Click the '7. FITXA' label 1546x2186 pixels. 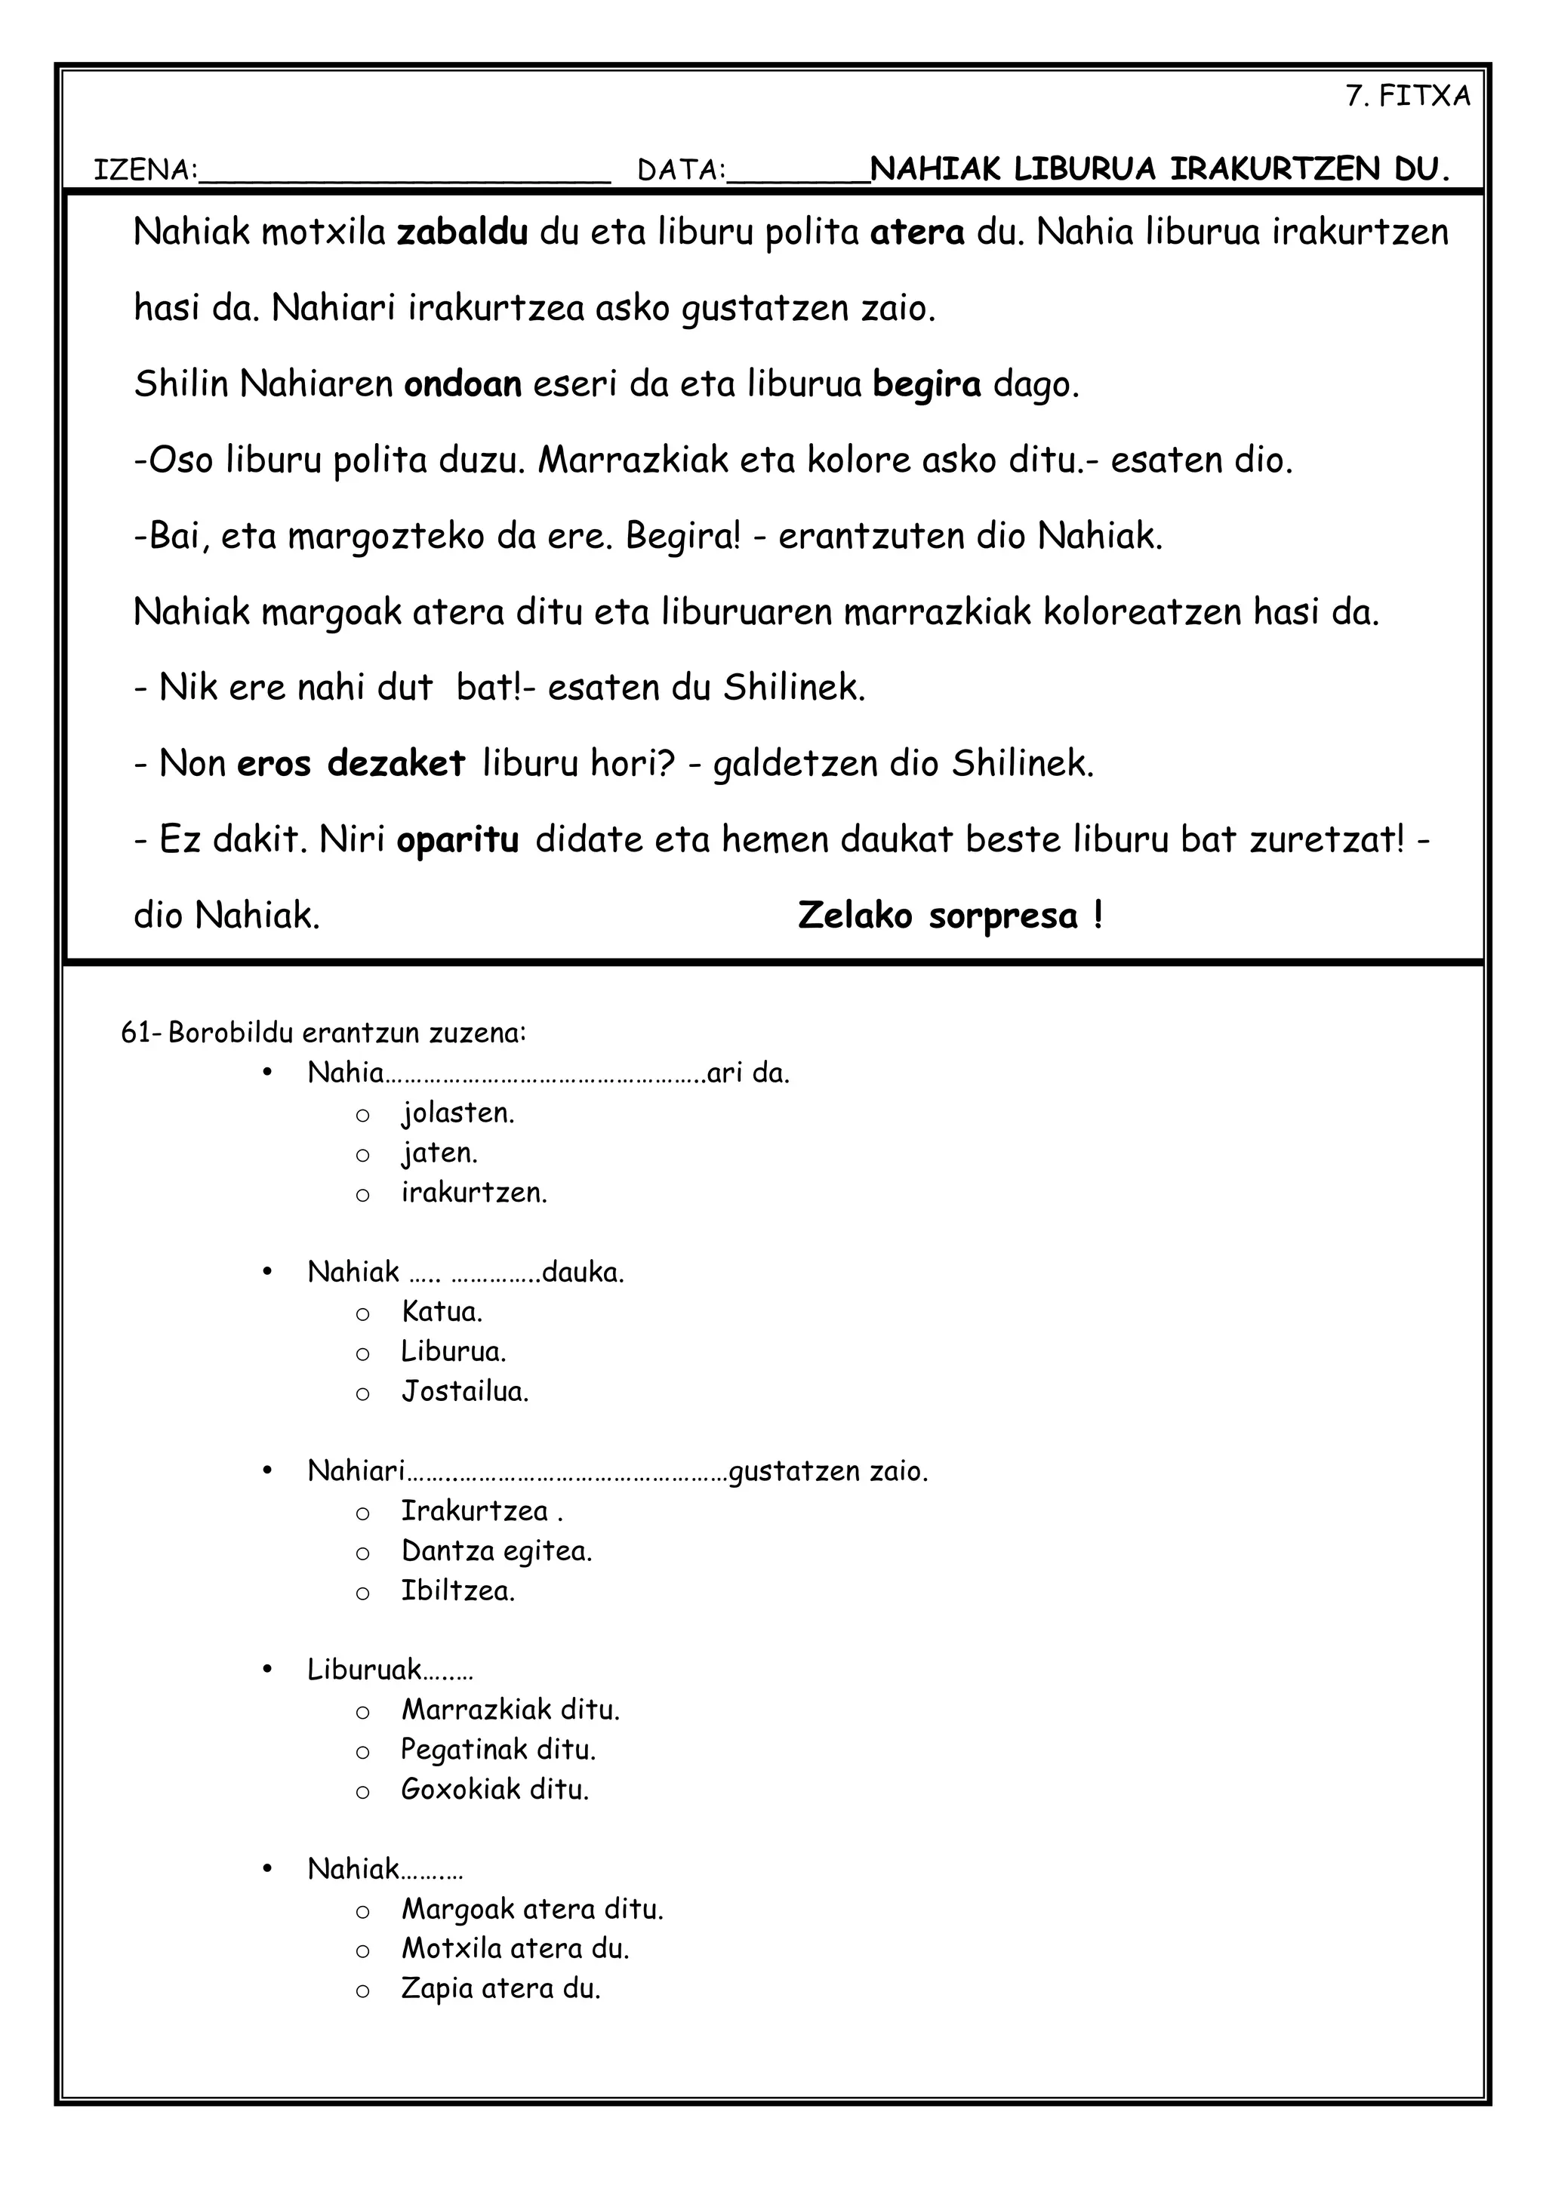coord(1407,96)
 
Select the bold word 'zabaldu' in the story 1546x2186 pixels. coord(462,232)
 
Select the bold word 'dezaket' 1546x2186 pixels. coord(396,764)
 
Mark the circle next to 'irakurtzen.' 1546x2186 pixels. coord(362,1195)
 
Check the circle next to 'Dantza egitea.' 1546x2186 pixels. coord(362,1553)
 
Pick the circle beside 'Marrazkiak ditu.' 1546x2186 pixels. coord(362,1713)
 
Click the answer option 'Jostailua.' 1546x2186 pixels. coord(464,1392)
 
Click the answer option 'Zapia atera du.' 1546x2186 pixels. coord(500,1989)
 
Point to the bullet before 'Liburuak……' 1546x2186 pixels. coord(269,1670)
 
